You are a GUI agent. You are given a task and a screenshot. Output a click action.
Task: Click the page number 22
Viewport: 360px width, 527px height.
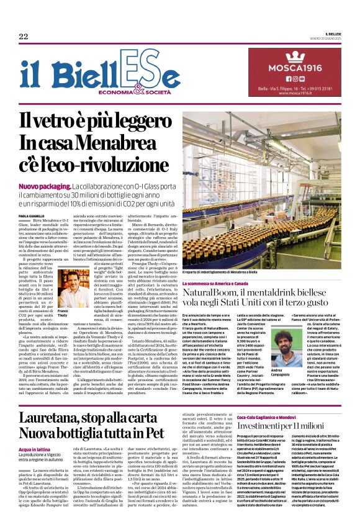click(24, 37)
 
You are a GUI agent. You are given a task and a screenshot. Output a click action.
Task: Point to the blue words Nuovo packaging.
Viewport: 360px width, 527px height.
click(43, 187)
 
